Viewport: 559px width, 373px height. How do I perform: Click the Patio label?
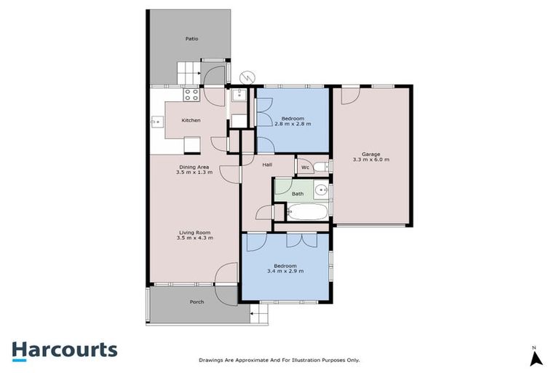click(191, 39)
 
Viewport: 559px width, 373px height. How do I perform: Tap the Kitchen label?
click(191, 120)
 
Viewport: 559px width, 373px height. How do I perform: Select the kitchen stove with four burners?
click(191, 94)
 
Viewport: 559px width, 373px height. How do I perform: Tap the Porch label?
click(197, 302)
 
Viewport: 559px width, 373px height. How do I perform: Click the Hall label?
click(267, 165)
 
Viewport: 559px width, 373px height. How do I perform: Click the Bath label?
click(298, 194)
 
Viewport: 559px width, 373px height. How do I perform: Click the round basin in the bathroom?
click(321, 192)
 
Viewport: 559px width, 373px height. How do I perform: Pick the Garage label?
click(371, 154)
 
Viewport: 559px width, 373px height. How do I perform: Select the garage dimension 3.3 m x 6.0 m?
click(371, 160)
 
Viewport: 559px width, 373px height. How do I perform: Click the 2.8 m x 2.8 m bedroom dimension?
click(293, 124)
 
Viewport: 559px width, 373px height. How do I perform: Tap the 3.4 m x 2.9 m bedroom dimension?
click(285, 271)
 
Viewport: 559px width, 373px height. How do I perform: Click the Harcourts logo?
click(64, 350)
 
